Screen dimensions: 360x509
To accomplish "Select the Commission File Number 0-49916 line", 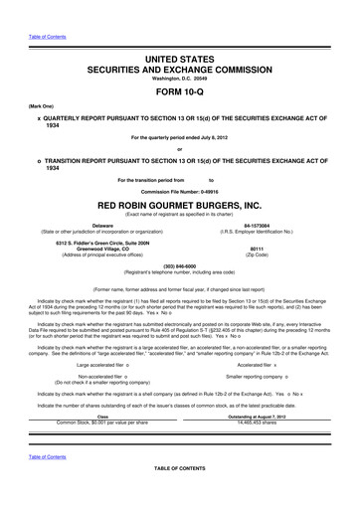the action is pos(180,189).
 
